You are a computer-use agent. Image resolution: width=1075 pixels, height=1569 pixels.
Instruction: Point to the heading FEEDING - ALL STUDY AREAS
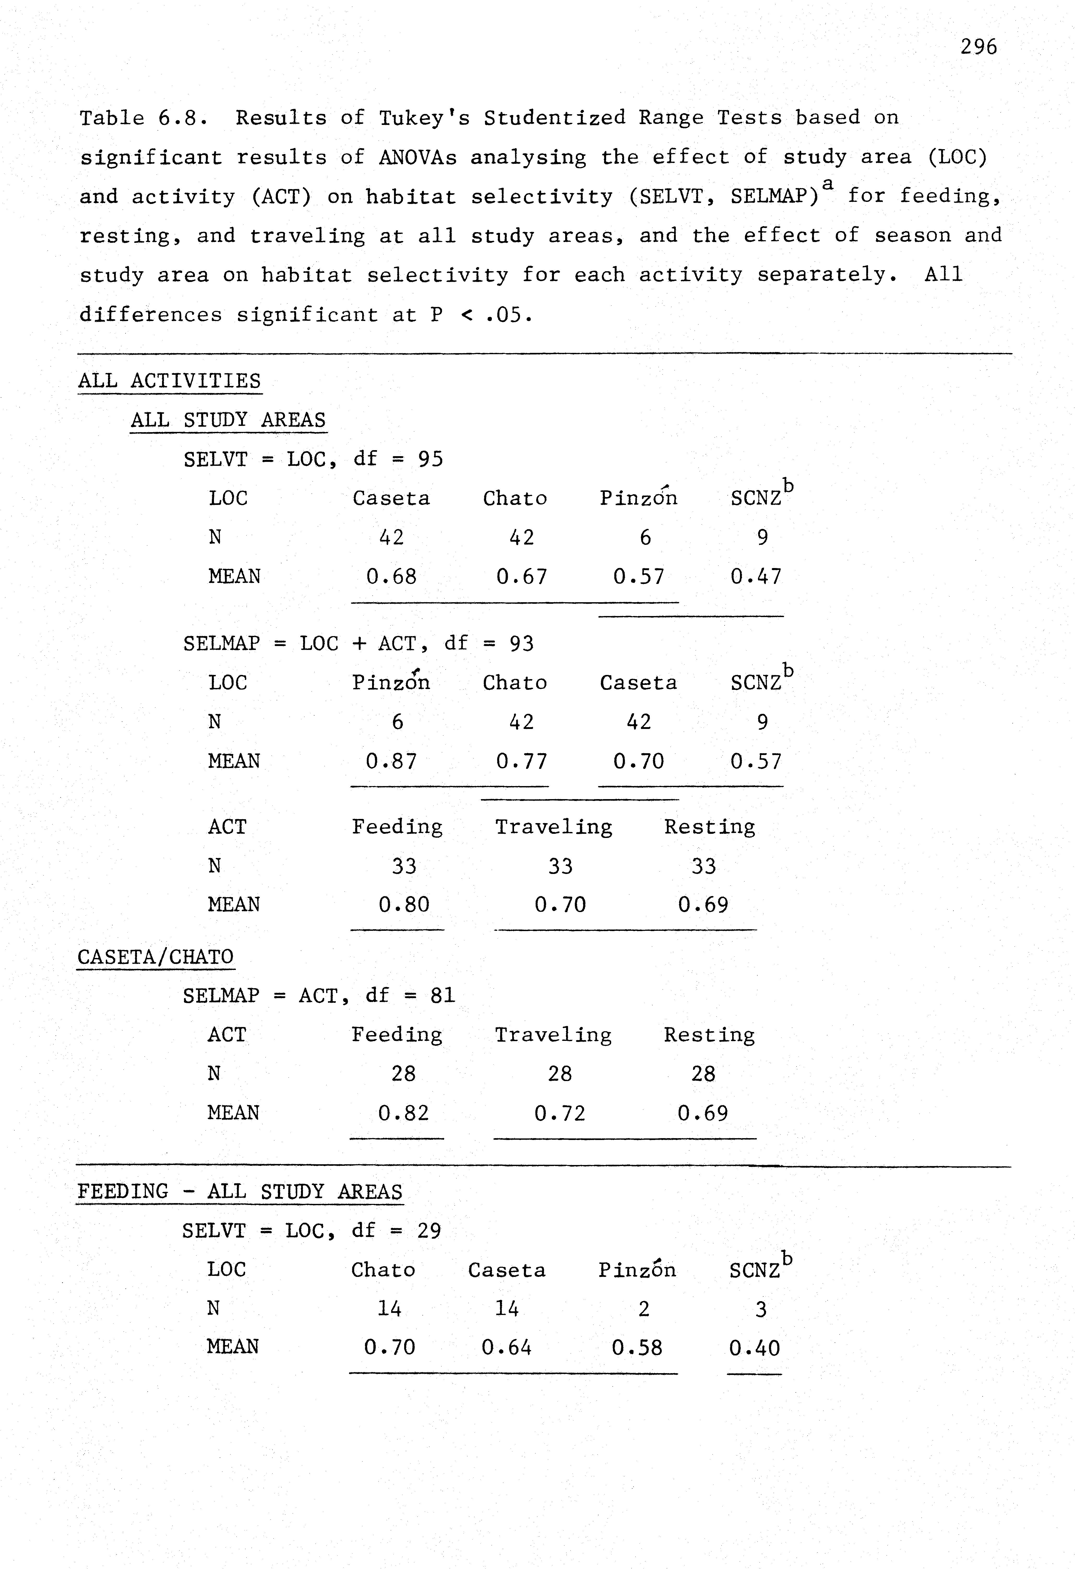[240, 1192]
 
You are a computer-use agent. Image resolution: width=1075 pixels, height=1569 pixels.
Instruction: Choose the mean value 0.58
[637, 1348]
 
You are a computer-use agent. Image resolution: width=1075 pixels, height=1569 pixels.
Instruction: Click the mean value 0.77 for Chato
[521, 762]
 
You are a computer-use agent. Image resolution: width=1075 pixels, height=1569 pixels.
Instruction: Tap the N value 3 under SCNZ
[761, 1310]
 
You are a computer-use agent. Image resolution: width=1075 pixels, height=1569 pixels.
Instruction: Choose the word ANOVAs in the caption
[417, 157]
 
